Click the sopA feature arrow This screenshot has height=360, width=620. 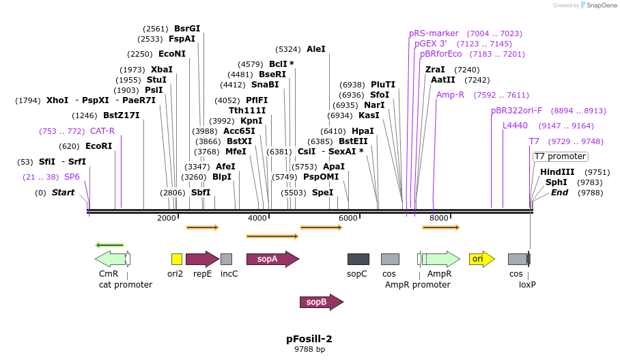(x=272, y=259)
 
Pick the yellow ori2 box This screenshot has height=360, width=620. (x=176, y=259)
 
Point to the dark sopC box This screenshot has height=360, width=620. (x=358, y=259)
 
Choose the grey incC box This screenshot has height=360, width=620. (x=226, y=259)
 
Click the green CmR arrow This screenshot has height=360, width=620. (x=111, y=259)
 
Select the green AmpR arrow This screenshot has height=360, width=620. (x=441, y=259)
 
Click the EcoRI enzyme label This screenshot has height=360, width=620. (x=98, y=146)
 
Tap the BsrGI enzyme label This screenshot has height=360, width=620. (x=187, y=29)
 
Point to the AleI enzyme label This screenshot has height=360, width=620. (x=316, y=49)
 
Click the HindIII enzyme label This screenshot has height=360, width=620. (x=557, y=172)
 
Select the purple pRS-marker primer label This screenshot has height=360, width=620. (x=434, y=33)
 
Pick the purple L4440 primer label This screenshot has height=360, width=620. (x=515, y=126)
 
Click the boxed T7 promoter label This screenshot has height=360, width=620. (x=560, y=156)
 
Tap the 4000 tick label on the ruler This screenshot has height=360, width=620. (x=257, y=218)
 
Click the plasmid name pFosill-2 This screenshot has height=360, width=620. (x=309, y=339)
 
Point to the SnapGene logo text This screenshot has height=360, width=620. (x=602, y=5)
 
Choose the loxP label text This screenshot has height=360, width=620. (x=527, y=284)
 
